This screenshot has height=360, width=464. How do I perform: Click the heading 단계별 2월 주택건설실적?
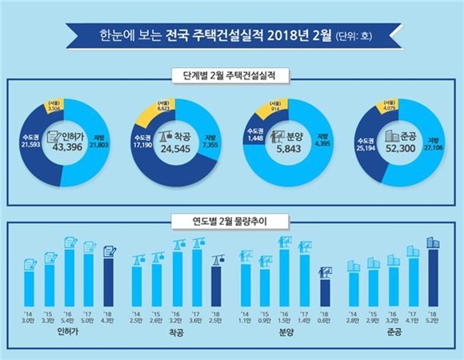point(231,75)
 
